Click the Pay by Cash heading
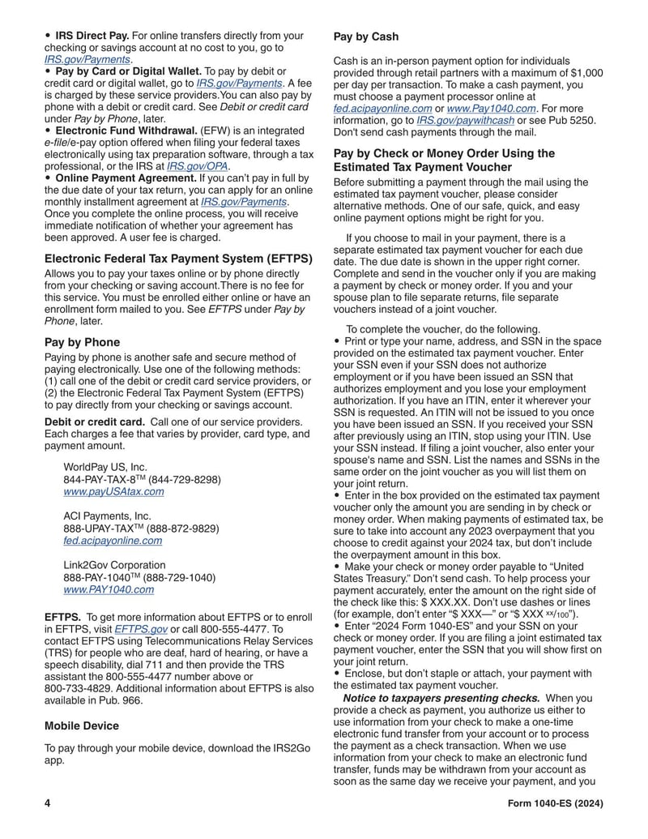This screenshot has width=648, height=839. pyautogui.click(x=366, y=36)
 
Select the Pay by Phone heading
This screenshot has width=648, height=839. pyautogui.click(x=82, y=342)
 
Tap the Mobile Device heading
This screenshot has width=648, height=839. pyautogui.click(x=82, y=726)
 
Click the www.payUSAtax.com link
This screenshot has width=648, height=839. pyautogui.click(x=113, y=491)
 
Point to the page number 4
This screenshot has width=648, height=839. pyautogui.click(x=48, y=803)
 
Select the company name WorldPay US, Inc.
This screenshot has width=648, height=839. pyautogui.click(x=105, y=467)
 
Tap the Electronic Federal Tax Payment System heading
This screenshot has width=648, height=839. pyautogui.click(x=178, y=259)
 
